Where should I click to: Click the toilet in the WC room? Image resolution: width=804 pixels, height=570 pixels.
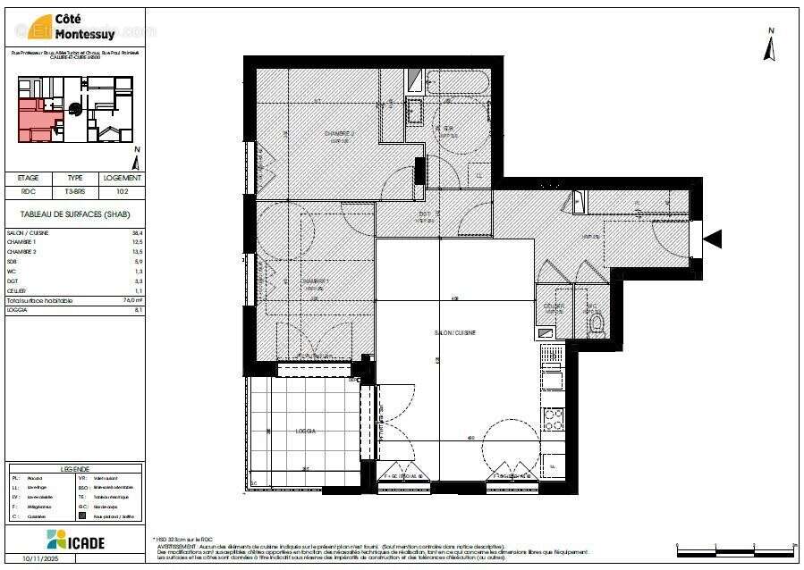pyautogui.click(x=596, y=319)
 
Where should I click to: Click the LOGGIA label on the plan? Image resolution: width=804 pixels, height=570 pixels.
pyautogui.click(x=306, y=431)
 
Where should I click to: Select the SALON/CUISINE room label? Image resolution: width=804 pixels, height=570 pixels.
pyautogui.click(x=455, y=332)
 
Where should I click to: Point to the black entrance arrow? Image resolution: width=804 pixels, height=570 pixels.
pyautogui.click(x=713, y=239)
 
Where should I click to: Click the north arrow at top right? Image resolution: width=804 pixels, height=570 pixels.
pyautogui.click(x=769, y=46)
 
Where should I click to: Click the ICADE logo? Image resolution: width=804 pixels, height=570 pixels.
pyautogui.click(x=75, y=540)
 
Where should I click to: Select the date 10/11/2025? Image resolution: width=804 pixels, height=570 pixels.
pyautogui.click(x=40, y=559)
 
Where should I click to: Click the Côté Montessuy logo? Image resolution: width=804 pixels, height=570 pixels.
pyautogui.click(x=75, y=28)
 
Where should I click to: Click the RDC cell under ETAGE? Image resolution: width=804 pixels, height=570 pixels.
pyautogui.click(x=29, y=190)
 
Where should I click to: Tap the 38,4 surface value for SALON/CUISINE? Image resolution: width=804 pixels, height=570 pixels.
pyautogui.click(x=137, y=233)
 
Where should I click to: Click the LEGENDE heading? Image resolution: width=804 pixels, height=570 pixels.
pyautogui.click(x=74, y=469)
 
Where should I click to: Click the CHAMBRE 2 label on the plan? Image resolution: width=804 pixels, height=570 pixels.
pyautogui.click(x=339, y=134)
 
